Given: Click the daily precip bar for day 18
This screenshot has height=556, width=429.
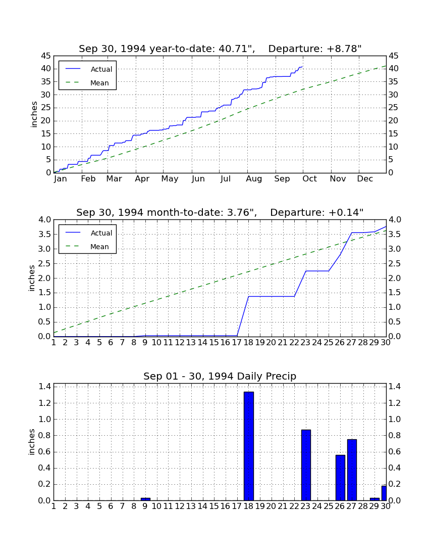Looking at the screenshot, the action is click(x=249, y=446).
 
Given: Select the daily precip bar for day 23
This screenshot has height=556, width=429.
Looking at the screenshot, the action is click(x=306, y=465).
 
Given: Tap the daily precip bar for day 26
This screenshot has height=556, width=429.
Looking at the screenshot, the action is click(x=341, y=478).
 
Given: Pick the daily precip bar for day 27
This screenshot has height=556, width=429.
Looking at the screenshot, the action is click(x=352, y=470).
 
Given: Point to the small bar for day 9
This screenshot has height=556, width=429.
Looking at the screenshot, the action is click(x=145, y=499).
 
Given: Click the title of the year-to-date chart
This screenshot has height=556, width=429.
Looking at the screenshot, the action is click(x=220, y=49).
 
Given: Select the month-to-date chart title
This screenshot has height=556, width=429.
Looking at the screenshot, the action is click(x=220, y=212).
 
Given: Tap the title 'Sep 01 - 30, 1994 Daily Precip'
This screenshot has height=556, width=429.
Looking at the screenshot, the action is click(x=220, y=376).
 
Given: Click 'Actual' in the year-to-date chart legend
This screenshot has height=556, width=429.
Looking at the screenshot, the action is click(x=101, y=70).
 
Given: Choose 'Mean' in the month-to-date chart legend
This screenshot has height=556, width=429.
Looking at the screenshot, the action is click(x=99, y=247).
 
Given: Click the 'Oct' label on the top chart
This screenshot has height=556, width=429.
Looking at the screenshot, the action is click(x=310, y=179).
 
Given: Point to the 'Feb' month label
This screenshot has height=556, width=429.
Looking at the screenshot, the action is click(x=88, y=179).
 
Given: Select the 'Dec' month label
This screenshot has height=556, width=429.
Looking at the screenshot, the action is click(x=365, y=179).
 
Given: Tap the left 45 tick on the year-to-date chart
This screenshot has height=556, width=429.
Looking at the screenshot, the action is click(x=46, y=56).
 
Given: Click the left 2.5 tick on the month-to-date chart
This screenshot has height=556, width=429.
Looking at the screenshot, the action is click(x=44, y=263).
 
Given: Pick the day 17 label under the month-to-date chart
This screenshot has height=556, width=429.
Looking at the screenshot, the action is click(x=237, y=343).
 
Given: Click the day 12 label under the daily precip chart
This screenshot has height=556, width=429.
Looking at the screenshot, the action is click(x=180, y=506).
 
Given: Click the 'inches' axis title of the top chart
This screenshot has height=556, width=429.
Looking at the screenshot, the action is click(x=34, y=115).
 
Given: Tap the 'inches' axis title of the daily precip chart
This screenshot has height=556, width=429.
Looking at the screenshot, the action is click(x=31, y=442).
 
